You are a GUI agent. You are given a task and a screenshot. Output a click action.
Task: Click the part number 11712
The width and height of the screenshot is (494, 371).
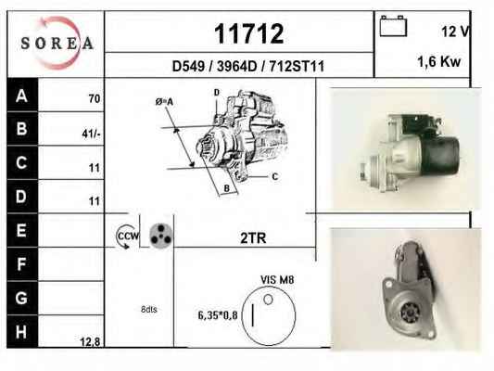pyautogui.click(x=249, y=33)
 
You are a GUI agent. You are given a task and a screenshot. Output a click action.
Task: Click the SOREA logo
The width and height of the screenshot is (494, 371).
pyautogui.click(x=57, y=43)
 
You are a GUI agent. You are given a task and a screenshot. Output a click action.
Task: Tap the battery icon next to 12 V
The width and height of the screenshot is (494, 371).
pyautogui.click(x=393, y=26)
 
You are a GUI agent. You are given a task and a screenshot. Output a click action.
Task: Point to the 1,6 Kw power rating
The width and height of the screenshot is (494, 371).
pyautogui.click(x=439, y=61)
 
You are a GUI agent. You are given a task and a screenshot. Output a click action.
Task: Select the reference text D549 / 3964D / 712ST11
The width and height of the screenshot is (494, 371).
pyautogui.click(x=248, y=66)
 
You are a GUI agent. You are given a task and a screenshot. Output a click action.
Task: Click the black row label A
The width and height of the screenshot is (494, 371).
pyautogui.click(x=21, y=96)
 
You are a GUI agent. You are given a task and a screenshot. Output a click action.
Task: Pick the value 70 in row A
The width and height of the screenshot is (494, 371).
pyautogui.click(x=95, y=98)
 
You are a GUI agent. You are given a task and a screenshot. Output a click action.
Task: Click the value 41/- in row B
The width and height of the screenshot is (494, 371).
pyautogui.click(x=91, y=134)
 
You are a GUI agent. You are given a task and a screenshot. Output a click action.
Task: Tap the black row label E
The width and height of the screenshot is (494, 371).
pyautogui.click(x=21, y=230)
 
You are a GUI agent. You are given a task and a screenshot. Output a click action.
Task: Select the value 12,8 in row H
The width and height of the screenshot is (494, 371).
pyautogui.click(x=90, y=341)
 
